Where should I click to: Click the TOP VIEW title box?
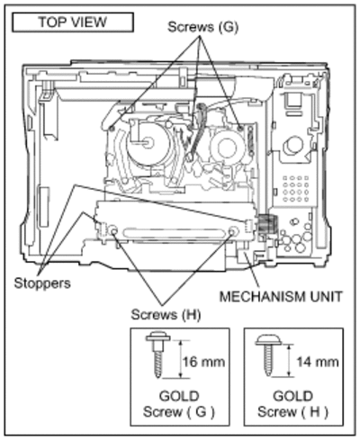tap(73, 22)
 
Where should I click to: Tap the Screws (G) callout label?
tap(202, 27)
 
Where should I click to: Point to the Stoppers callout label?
tap(42, 283)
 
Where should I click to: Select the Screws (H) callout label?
tap(166, 315)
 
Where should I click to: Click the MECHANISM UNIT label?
tap(281, 297)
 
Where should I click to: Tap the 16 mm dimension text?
tap(203, 362)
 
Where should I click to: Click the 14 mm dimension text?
tap(318, 362)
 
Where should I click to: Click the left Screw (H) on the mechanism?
tap(114, 231)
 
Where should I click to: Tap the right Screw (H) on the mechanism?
tap(233, 231)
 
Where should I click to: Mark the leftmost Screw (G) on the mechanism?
tap(112, 129)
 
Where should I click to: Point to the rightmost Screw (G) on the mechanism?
tap(239, 128)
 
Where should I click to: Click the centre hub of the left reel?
tap(148, 142)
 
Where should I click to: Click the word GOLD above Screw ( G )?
tap(179, 396)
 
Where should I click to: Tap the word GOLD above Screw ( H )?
tap(293, 396)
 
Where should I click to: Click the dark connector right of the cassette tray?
tap(265, 224)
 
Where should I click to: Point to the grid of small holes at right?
tap(295, 188)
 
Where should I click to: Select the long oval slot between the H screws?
tap(174, 233)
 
